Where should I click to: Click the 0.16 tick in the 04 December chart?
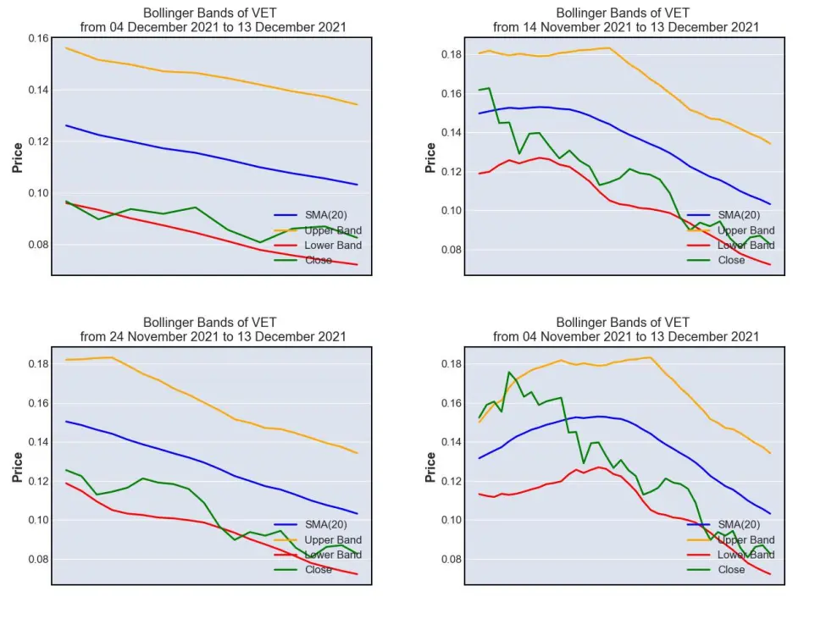38,38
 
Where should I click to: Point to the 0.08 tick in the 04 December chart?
38,245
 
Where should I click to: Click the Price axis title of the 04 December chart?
18,158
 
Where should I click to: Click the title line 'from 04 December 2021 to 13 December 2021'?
213,27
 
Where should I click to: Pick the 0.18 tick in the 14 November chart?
452,55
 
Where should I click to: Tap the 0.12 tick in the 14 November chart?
452,172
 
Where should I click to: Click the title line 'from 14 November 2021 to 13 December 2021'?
626,27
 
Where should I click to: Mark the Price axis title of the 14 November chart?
430,158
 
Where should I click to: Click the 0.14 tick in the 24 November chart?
38,442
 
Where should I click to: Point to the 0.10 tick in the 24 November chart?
38,520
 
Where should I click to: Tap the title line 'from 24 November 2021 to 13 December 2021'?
213,337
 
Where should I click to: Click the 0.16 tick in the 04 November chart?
452,403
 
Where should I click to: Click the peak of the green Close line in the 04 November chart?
509,372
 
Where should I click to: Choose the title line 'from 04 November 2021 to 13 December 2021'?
626,337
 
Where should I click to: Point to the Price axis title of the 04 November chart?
430,467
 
